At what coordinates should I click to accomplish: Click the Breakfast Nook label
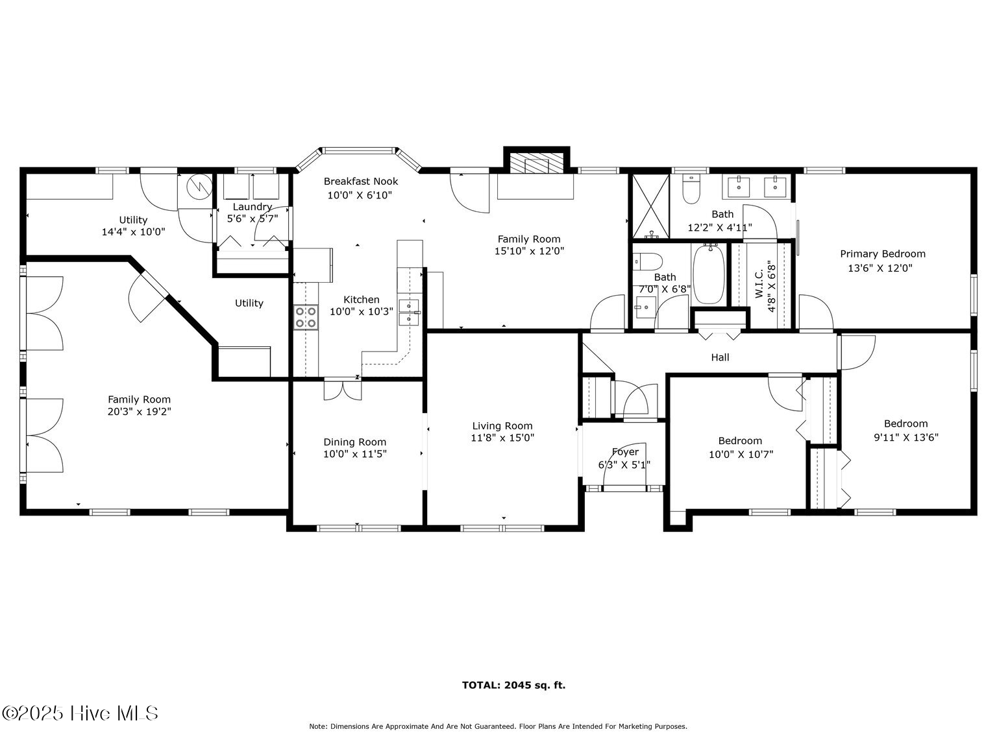pyautogui.click(x=361, y=182)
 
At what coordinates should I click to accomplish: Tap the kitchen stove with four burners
pyautogui.click(x=306, y=317)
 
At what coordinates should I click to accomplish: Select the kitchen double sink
pyautogui.click(x=409, y=311)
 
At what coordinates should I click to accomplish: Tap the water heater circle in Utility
pyautogui.click(x=199, y=187)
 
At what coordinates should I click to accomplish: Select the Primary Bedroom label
pyautogui.click(x=882, y=254)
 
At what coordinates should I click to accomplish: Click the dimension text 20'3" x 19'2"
pyautogui.click(x=139, y=411)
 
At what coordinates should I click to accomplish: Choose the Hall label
pyautogui.click(x=720, y=357)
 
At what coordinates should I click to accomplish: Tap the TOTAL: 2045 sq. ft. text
pyautogui.click(x=513, y=685)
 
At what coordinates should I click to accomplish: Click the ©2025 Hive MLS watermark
pyautogui.click(x=80, y=713)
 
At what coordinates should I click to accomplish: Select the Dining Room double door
pyautogui.click(x=342, y=390)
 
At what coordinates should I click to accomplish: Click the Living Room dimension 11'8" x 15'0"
pyautogui.click(x=502, y=438)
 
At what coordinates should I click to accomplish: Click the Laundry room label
pyautogui.click(x=252, y=207)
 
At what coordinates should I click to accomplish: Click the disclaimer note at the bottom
pyautogui.click(x=498, y=727)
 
